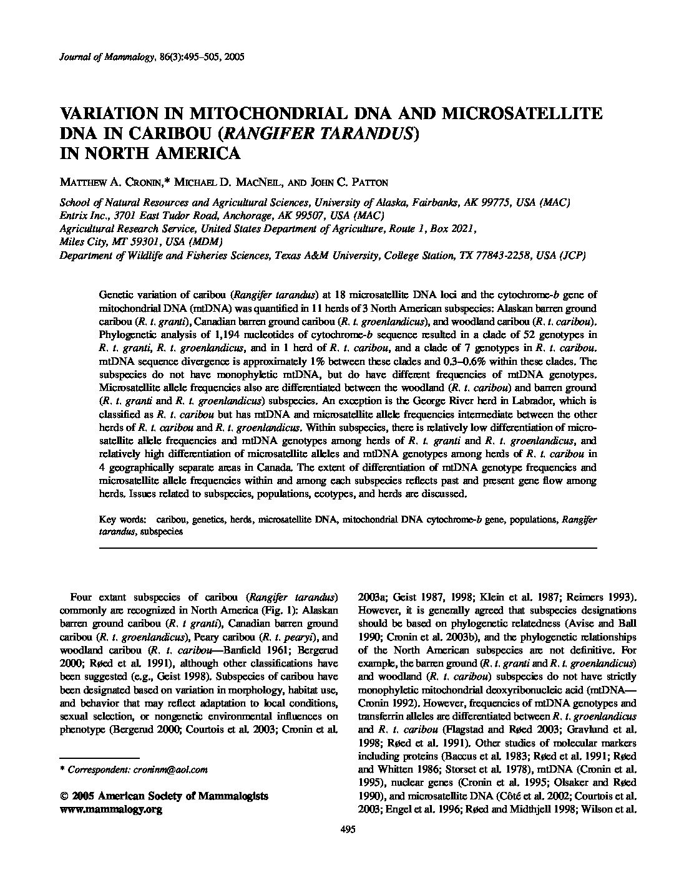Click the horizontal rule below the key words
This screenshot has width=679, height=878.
[348, 548]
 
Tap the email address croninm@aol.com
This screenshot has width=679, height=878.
[170, 769]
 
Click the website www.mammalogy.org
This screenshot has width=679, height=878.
[110, 809]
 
